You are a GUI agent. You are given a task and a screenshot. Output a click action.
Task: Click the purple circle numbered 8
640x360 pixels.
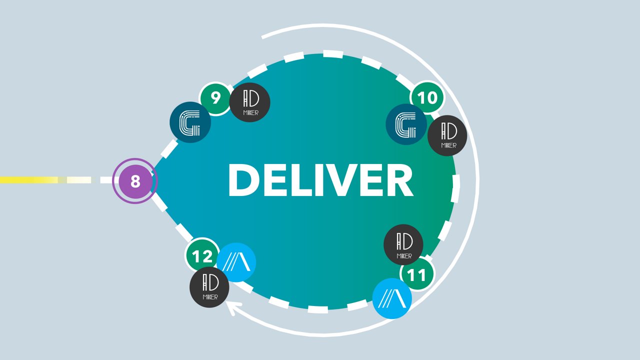click(135, 180)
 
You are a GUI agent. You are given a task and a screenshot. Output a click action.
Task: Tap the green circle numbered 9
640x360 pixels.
click(215, 98)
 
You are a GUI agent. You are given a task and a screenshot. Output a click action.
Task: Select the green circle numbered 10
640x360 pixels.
click(427, 97)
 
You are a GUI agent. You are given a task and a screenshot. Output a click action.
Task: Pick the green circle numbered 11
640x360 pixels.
click(417, 274)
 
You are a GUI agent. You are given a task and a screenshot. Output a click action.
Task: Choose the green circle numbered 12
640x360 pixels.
click(202, 256)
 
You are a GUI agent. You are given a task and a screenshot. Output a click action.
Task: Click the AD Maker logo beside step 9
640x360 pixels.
click(250, 102)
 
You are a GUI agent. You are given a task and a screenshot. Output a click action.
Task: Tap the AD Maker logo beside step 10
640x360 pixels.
click(447, 135)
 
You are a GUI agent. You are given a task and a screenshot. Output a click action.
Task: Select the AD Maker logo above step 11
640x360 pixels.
click(403, 244)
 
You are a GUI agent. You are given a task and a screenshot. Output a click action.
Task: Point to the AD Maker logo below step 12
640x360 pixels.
click(209, 287)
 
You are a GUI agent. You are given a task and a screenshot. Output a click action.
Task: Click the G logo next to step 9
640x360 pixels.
click(190, 122)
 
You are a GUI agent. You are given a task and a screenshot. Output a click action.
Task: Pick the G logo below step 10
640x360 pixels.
click(406, 124)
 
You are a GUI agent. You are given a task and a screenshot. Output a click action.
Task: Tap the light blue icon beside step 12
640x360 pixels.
click(236, 262)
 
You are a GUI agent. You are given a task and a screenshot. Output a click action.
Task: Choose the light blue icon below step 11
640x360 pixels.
click(392, 298)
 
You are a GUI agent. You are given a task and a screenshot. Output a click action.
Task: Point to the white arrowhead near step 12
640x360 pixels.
click(233, 307)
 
